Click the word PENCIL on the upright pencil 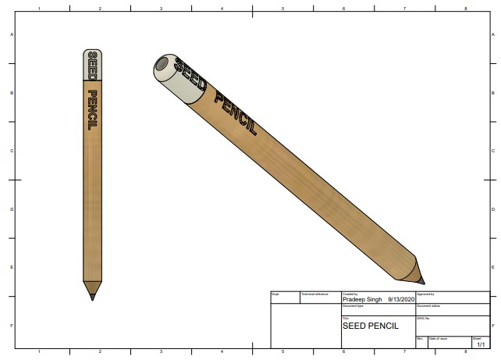[92, 109]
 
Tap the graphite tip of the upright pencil [92, 295]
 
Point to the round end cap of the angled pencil [164, 67]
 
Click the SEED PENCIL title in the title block [370, 325]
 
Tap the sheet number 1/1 [480, 344]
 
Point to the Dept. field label [275, 294]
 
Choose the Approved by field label [425, 294]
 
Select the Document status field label [429, 305]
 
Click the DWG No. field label [423, 318]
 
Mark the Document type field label [354, 305]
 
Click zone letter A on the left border [11, 35]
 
